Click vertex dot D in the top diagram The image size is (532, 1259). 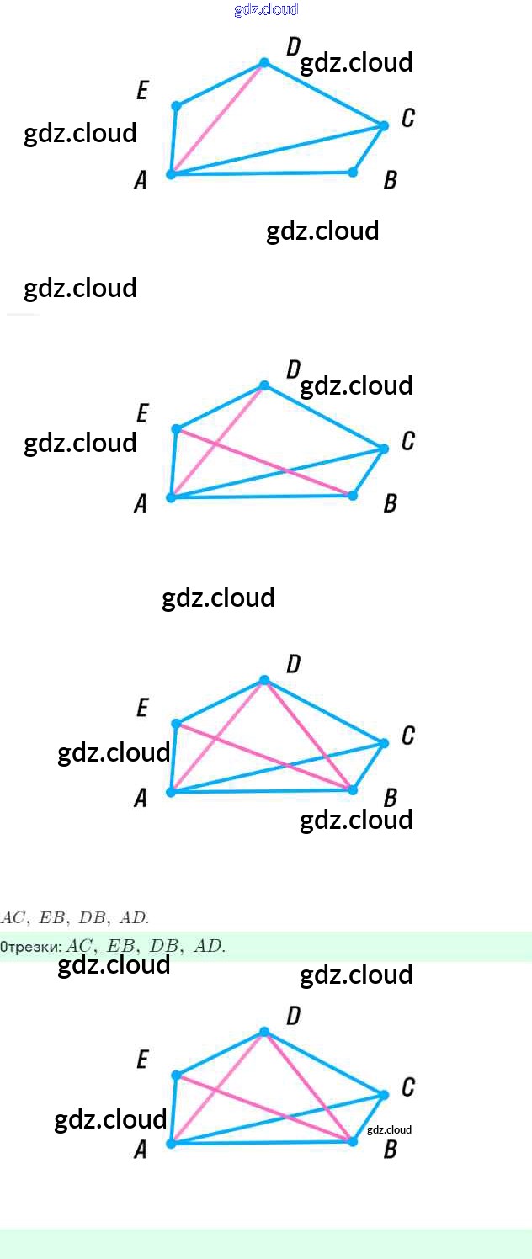tap(264, 63)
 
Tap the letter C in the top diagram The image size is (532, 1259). tap(407, 119)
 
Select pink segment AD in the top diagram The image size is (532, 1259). tap(217, 119)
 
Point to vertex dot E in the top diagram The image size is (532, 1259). tap(176, 106)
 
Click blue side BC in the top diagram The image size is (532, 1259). tap(369, 149)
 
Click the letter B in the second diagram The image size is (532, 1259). tap(390, 504)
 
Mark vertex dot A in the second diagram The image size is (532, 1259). tap(171, 497)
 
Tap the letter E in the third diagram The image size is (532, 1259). tap(142, 709)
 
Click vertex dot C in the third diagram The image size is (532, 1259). tap(384, 743)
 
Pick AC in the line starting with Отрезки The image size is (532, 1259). tap(82, 947)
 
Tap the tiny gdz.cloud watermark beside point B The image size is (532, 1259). tap(389, 1129)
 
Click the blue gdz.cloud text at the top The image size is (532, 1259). tap(266, 9)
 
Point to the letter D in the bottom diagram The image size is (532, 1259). tap(293, 1016)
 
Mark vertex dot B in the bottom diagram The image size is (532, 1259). tap(353, 1141)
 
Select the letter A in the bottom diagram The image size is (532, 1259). tap(141, 1150)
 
